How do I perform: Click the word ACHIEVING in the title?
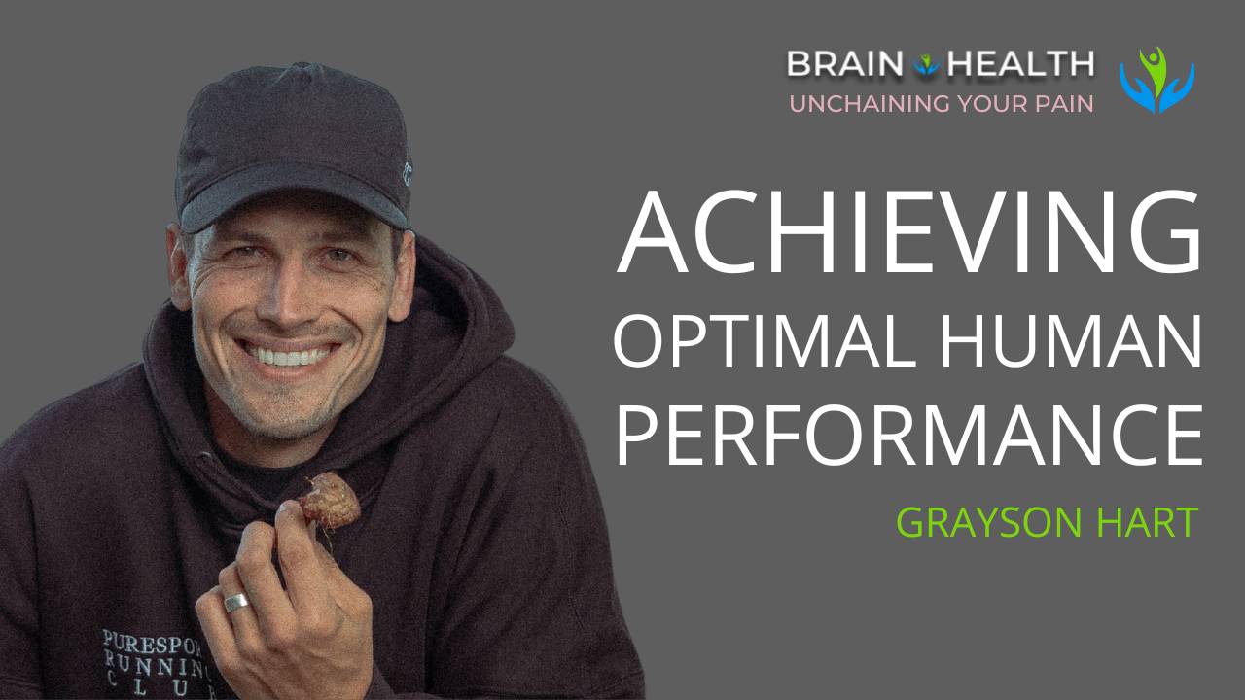point(909,234)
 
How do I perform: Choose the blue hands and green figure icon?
point(1156,79)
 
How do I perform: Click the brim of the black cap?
point(292,207)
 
